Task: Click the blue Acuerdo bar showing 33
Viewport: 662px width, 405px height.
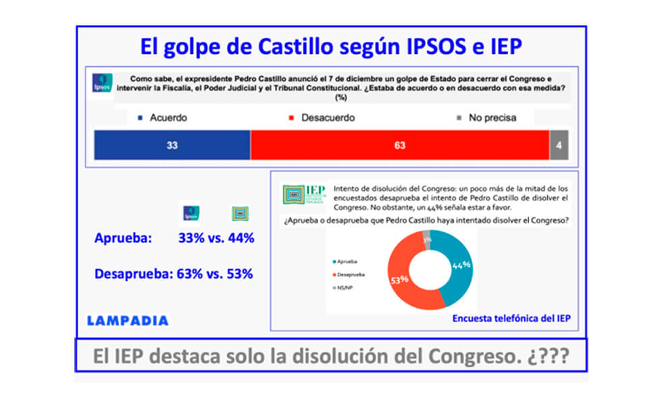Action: (x=172, y=146)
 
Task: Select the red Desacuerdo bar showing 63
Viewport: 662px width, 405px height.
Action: (x=399, y=146)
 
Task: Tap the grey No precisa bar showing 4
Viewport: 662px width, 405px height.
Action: (x=558, y=146)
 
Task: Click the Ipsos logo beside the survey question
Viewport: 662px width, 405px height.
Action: (x=102, y=83)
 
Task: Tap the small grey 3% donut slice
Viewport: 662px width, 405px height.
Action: (x=426, y=238)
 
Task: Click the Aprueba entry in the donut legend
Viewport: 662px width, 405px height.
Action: (x=346, y=261)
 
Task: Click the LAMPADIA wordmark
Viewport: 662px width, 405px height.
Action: (x=128, y=321)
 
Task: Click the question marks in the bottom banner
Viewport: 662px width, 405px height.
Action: (x=552, y=356)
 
